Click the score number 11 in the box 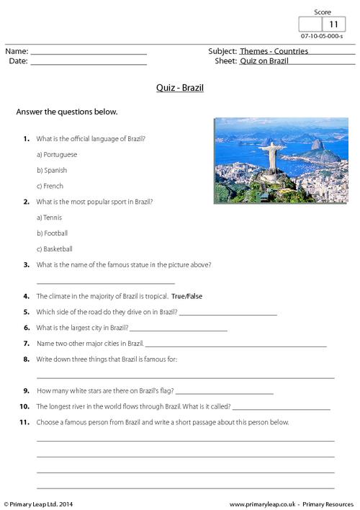coord(333,24)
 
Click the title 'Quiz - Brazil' coord(180,89)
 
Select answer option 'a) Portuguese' coord(56,154)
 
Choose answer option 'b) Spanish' coord(51,170)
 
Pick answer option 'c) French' coord(50,186)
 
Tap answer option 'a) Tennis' coord(49,218)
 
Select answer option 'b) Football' coord(52,233)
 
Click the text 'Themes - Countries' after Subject coord(274,51)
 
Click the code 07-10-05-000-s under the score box coord(321,36)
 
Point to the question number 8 coord(26,359)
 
